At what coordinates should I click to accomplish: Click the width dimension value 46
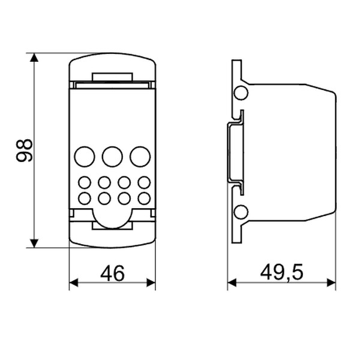point(112,273)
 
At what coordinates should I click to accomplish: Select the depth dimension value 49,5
point(282,273)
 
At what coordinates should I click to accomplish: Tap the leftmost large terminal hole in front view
point(85,157)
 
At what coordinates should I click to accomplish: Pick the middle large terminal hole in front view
point(112,157)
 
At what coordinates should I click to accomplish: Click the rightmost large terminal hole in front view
point(140,157)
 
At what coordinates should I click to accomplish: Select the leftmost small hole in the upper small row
point(85,182)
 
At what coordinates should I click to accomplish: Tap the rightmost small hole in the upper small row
point(144,182)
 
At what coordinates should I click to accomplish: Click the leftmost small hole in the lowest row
point(85,197)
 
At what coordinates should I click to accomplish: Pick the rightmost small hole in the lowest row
point(144,197)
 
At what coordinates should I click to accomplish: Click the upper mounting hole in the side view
point(241,92)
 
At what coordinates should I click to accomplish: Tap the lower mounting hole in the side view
point(241,212)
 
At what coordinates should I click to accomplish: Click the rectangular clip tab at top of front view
point(112,77)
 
